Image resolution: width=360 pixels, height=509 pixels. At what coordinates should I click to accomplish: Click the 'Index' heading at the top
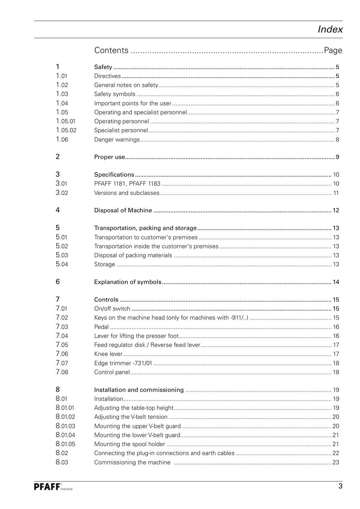[x=330, y=30]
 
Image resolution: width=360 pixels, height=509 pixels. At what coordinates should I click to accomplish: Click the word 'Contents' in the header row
[x=111, y=50]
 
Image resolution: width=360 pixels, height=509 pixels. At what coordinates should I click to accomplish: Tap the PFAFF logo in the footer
[x=48, y=487]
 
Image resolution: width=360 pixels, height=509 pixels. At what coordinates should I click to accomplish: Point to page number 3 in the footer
[x=340, y=487]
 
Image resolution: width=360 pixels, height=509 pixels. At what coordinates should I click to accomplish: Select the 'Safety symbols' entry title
[x=114, y=94]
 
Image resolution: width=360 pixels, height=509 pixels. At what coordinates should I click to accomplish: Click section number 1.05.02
[x=65, y=130]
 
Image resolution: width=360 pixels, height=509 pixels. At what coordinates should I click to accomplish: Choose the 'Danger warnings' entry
[x=117, y=139]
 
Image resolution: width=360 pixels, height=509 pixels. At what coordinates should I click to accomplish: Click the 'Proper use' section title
[x=109, y=157]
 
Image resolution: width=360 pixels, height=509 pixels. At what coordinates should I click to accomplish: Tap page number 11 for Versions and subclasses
[x=336, y=193]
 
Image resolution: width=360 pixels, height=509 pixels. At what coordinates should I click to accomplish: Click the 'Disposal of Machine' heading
[x=122, y=210]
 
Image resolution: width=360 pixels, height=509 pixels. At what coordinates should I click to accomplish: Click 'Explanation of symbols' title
[x=127, y=282]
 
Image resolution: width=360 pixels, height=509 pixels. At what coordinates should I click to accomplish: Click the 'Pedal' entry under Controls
[x=101, y=327]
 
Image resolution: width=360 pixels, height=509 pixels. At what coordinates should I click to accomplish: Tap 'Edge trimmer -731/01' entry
[x=123, y=363]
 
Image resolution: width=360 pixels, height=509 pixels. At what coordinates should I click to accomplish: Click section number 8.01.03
[x=65, y=426]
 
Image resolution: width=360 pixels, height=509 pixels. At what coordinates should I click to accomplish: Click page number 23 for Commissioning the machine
[x=336, y=462]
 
